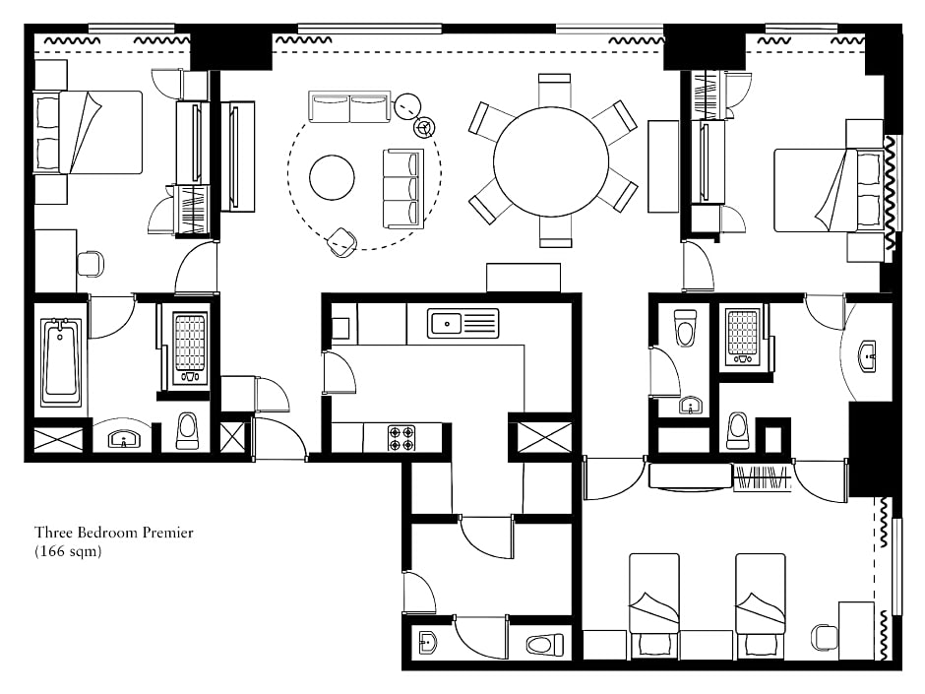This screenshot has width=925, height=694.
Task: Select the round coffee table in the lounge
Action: [333, 177]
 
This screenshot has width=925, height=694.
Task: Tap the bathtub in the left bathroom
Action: [61, 361]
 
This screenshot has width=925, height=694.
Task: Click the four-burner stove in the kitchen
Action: [401, 438]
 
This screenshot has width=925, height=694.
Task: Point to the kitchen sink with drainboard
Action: [463, 324]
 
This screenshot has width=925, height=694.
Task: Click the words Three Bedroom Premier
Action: [114, 533]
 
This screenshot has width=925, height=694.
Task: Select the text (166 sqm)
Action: [68, 552]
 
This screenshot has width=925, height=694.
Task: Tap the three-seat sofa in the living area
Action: [403, 188]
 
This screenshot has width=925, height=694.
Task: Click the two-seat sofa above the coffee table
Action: [349, 107]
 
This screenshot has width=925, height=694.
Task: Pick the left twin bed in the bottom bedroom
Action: [653, 606]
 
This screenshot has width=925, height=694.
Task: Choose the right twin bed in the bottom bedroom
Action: [760, 606]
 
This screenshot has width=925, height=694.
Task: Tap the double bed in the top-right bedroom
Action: [829, 190]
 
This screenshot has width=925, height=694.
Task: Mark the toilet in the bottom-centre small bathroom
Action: [545, 645]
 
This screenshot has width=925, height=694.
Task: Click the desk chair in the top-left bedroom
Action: [91, 263]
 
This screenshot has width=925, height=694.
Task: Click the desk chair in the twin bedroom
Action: [824, 637]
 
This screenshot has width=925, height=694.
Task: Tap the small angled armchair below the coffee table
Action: [342, 241]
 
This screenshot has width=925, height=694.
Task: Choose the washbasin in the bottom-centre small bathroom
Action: [427, 643]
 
